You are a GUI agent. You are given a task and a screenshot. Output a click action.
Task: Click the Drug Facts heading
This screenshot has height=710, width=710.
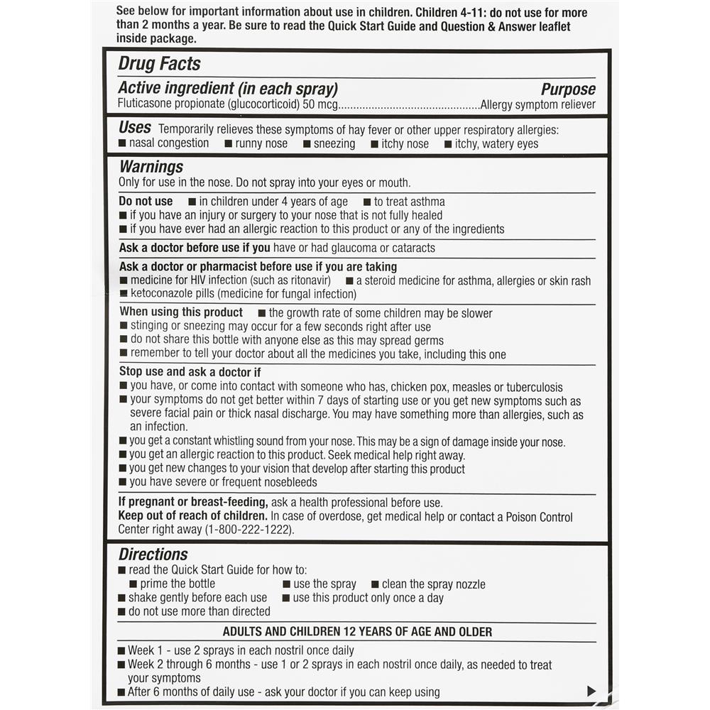tap(159, 64)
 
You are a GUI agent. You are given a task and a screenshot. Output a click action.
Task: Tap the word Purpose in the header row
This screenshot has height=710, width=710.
tap(568, 89)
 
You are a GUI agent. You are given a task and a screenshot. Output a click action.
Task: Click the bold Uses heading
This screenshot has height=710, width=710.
tap(135, 128)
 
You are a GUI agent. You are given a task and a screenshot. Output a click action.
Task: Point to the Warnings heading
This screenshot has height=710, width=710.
tap(151, 168)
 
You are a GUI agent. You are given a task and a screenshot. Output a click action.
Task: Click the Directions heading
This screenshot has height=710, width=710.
tap(153, 555)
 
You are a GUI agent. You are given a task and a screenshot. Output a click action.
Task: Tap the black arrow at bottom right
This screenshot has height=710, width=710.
tap(591, 691)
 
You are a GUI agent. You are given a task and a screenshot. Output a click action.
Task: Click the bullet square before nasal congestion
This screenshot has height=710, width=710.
tap(123, 143)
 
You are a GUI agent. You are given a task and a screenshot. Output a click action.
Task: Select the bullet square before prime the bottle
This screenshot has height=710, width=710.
tap(133, 584)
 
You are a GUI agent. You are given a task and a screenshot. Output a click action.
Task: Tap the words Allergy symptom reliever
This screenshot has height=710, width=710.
tap(538, 105)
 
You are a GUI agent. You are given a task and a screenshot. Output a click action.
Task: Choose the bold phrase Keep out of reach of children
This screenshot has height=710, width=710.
tap(193, 516)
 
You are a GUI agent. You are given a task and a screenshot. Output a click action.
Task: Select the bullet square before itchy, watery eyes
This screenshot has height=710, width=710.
tap(448, 144)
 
